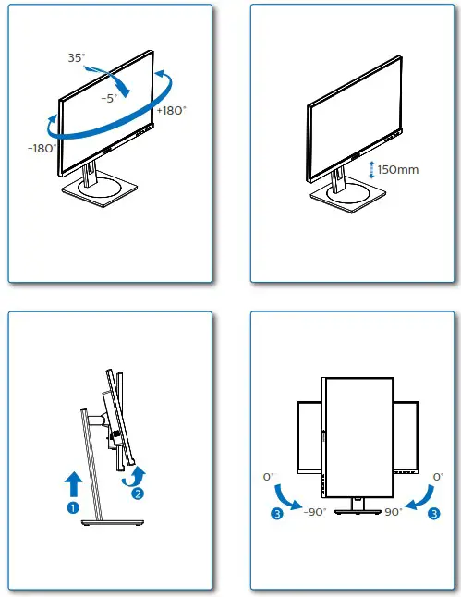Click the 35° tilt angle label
(x=76, y=57)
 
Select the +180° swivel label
(x=172, y=110)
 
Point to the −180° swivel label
(x=42, y=147)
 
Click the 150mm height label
(x=398, y=170)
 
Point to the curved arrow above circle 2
(x=134, y=475)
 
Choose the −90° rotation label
(x=314, y=512)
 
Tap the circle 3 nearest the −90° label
(x=277, y=515)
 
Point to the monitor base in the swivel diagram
(x=98, y=189)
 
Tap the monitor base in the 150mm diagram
(x=345, y=193)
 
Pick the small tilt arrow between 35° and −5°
(x=115, y=79)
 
